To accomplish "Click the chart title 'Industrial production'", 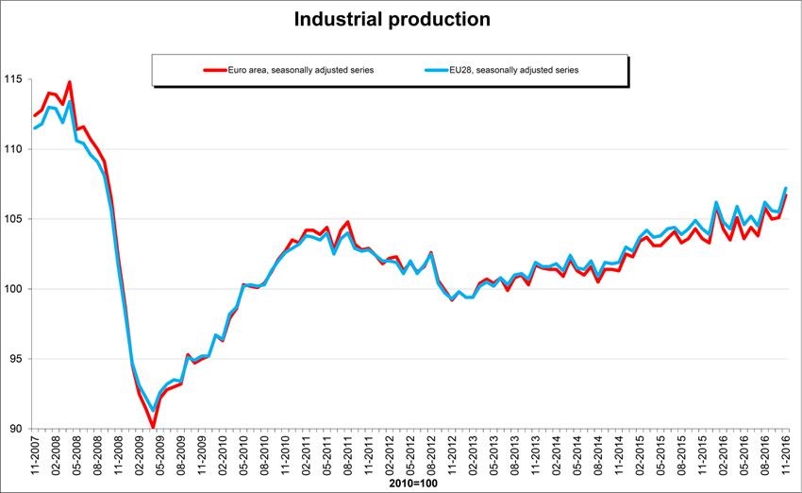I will tap(392, 19).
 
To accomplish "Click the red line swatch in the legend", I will tap(213, 70).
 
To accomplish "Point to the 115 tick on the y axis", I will tap(13, 79).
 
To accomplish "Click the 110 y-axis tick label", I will tap(13, 149).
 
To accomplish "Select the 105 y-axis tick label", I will tap(13, 219).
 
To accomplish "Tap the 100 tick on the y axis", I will tap(13, 289).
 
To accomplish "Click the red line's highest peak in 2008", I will tap(70, 82).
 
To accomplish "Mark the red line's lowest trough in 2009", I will tap(153, 428).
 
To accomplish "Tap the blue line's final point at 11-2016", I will tap(786, 188).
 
